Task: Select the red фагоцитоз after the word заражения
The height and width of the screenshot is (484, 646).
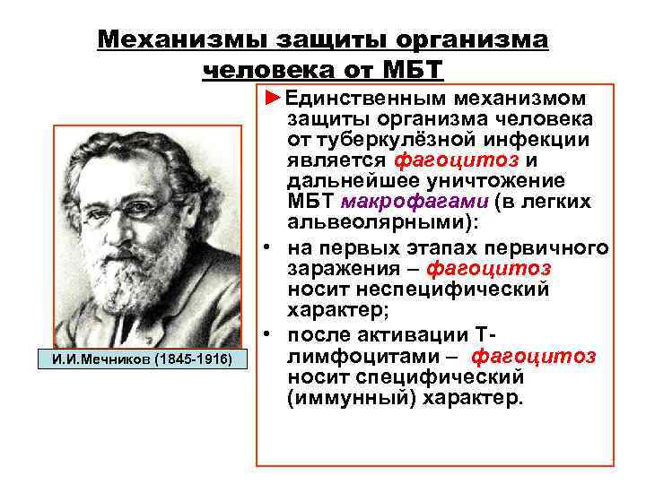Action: tap(489, 269)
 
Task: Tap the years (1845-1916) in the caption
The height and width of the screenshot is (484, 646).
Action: tap(193, 359)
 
